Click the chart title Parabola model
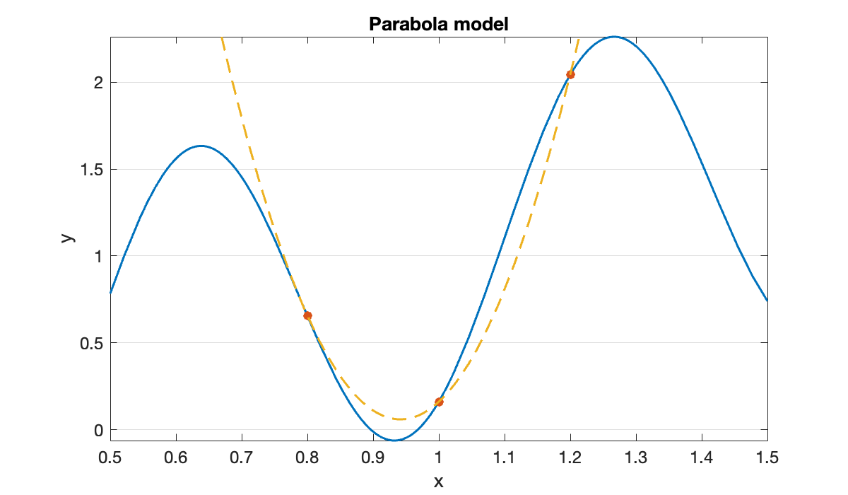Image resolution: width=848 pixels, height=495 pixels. click(x=439, y=24)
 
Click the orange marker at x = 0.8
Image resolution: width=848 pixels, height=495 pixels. click(x=307, y=315)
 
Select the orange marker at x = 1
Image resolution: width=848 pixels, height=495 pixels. click(x=439, y=402)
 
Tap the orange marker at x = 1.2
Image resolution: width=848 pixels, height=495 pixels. click(x=570, y=74)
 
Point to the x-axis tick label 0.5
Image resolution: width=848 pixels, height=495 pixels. click(x=110, y=458)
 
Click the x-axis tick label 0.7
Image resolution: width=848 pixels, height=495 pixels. click(x=242, y=458)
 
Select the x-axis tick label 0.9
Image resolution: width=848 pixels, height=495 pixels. click(x=373, y=458)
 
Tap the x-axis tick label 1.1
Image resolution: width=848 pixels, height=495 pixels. click(x=505, y=458)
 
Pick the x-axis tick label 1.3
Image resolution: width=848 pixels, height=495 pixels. click(x=636, y=458)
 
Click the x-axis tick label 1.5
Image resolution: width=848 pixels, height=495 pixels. click(x=767, y=458)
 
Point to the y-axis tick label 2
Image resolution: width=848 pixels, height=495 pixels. click(x=98, y=82)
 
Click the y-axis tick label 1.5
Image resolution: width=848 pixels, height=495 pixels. click(x=92, y=169)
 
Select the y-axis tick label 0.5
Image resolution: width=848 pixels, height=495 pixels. click(x=92, y=343)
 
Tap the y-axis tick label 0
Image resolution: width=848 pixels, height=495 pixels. click(x=98, y=430)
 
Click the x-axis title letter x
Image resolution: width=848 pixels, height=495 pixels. click(x=439, y=482)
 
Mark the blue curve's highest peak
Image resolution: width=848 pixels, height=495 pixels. click(x=613, y=37)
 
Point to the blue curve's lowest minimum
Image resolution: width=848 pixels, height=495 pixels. click(x=394, y=441)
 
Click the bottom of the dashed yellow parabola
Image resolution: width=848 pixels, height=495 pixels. click(x=399, y=419)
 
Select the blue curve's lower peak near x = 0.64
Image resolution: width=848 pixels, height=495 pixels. click(x=201, y=146)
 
